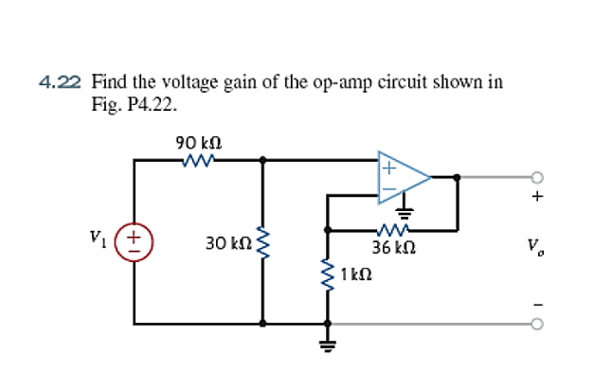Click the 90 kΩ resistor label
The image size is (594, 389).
199,144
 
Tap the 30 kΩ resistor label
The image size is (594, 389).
228,243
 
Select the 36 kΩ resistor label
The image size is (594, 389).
393,248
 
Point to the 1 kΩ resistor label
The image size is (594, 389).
356,274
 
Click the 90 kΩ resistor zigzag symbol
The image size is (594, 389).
199,161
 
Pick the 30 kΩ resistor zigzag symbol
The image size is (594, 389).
263,243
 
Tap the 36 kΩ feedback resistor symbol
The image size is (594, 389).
393,229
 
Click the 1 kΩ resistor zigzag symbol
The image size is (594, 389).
328,274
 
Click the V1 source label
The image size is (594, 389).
98,238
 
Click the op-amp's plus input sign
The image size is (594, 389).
389,168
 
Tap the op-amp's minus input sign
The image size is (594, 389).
389,189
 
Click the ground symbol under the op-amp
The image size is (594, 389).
405,214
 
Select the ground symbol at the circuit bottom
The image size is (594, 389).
328,345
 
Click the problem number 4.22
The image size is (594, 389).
60,82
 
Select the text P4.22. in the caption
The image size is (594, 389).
152,104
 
